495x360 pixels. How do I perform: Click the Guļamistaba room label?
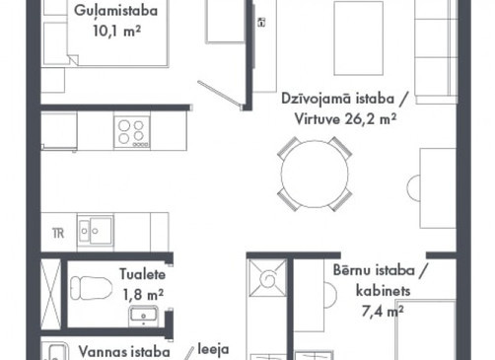pyautogui.click(x=115, y=12)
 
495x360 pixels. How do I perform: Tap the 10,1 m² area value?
pyautogui.click(x=117, y=32)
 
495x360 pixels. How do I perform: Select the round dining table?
pyautogui.click(x=315, y=174)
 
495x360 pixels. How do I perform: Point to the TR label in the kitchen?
pyautogui.click(x=58, y=234)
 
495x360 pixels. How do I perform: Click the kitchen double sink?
pyautogui.click(x=96, y=231)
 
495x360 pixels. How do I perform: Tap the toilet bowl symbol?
pyautogui.click(x=91, y=288)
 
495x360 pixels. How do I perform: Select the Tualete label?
pyautogui.click(x=142, y=274)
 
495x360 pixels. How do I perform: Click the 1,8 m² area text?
pyautogui.click(x=143, y=295)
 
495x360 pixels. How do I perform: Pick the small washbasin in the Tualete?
pyautogui.click(x=143, y=316)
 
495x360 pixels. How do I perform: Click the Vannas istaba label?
pyautogui.click(x=124, y=352)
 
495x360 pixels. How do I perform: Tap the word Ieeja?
pyautogui.click(x=213, y=349)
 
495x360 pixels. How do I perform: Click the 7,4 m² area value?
pyautogui.click(x=383, y=311)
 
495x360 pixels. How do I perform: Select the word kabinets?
pyautogui.click(x=384, y=291)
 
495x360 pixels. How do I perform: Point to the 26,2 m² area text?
pyautogui.click(x=371, y=119)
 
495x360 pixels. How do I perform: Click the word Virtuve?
pyautogui.click(x=318, y=119)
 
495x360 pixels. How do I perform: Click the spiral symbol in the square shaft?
pyautogui.click(x=268, y=278)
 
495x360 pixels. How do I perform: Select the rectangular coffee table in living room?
pyautogui.click(x=358, y=38)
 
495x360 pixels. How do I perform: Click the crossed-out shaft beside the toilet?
pyautogui.click(x=50, y=294)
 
